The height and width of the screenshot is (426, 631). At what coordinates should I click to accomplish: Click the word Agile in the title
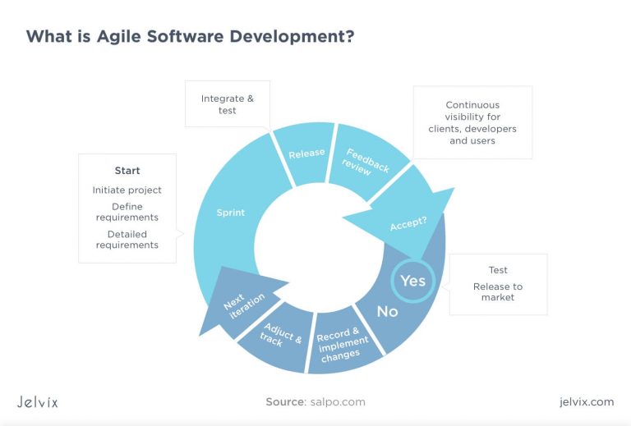(x=118, y=37)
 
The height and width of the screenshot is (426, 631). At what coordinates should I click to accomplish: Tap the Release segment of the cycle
(x=306, y=153)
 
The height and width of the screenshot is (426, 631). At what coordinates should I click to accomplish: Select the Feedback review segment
(x=366, y=162)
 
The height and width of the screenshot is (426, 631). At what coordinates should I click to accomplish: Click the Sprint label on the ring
(x=231, y=213)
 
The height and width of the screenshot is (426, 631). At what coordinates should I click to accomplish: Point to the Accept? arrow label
(x=408, y=223)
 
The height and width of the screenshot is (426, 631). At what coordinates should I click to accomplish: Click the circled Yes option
(x=413, y=281)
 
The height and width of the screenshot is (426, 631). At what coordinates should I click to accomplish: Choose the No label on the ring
(x=387, y=311)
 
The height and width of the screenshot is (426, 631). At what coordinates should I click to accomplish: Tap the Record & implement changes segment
(x=342, y=344)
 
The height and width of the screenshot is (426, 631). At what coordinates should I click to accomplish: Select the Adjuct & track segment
(x=280, y=336)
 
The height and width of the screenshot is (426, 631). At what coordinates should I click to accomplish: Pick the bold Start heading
(x=127, y=171)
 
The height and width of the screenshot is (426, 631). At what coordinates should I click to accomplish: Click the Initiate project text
(x=127, y=190)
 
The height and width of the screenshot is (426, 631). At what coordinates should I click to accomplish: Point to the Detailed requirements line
(x=127, y=240)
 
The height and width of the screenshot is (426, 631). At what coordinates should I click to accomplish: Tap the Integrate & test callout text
(x=228, y=104)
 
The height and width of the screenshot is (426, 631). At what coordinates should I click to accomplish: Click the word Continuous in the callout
(x=472, y=105)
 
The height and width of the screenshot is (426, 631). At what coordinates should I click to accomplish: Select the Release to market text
(x=498, y=291)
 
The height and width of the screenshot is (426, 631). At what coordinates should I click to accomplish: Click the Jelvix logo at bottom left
(x=38, y=401)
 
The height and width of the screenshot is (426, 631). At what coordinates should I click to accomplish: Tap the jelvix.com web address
(x=587, y=402)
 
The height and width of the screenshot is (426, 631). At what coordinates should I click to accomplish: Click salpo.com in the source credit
(x=338, y=402)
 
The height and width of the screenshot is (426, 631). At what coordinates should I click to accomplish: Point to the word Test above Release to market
(x=498, y=270)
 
